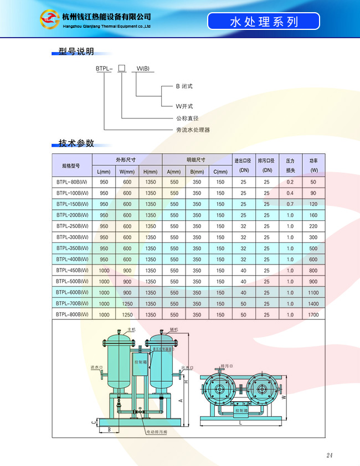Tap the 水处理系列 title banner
[264, 22]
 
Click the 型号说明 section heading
[76, 52]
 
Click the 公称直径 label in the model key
[187, 118]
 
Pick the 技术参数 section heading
[76, 143]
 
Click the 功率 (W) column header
[313, 165]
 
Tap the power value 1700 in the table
[313, 314]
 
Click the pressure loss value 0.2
[290, 182]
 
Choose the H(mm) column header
[151, 171]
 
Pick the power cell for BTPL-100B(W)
[313, 193]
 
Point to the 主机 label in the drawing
[131, 329]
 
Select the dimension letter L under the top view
[241, 422]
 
